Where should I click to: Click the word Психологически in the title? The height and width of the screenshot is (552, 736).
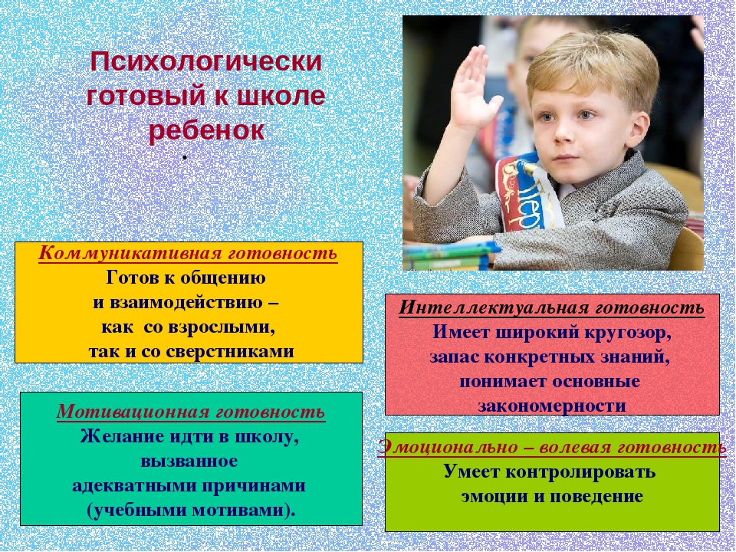tap(206, 62)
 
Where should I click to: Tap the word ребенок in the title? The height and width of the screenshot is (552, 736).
tap(207, 130)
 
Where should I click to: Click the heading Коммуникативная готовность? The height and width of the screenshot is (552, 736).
tap(188, 253)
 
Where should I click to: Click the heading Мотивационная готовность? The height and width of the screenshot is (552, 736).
tap(191, 412)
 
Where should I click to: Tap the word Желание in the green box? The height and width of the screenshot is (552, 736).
tap(117, 436)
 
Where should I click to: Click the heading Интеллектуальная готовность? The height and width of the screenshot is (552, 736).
tap(551, 308)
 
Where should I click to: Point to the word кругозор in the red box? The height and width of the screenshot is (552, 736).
tap(627, 333)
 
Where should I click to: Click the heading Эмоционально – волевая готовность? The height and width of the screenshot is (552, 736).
tap(552, 447)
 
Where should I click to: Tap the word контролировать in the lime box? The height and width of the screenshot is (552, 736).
tap(580, 472)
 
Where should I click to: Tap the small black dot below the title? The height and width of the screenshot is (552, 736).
tap(185, 158)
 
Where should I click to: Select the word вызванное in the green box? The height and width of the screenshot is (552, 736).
tap(189, 461)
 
